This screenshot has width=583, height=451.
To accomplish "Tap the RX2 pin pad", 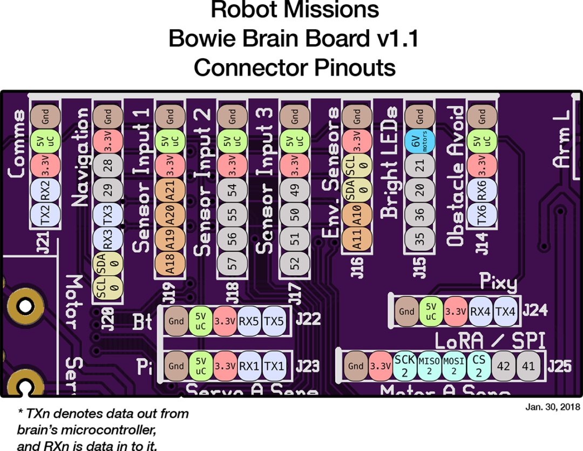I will click(45, 190).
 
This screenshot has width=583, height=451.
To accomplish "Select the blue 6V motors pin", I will click(420, 141).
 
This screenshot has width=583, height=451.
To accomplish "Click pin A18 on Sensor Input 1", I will click(170, 264).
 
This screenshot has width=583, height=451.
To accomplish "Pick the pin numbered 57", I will click(232, 264).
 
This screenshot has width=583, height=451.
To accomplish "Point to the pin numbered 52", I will click(295, 264).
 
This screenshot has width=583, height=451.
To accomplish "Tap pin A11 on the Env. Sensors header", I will click(357, 239).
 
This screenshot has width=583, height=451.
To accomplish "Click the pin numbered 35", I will click(420, 239).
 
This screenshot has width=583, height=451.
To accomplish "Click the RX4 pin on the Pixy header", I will click(480, 312).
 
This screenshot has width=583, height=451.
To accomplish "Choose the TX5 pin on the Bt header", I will click(274, 321).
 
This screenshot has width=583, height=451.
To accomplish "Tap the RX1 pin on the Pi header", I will click(249, 366).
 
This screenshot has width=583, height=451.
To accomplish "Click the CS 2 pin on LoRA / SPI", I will click(478, 366).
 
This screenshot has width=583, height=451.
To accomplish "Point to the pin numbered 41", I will click(528, 366).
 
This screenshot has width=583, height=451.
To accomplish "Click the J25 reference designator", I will click(559, 366).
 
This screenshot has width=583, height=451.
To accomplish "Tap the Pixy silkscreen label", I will click(498, 282).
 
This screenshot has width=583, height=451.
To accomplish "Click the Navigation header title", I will click(80, 157).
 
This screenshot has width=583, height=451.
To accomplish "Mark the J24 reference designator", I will click(535, 310).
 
